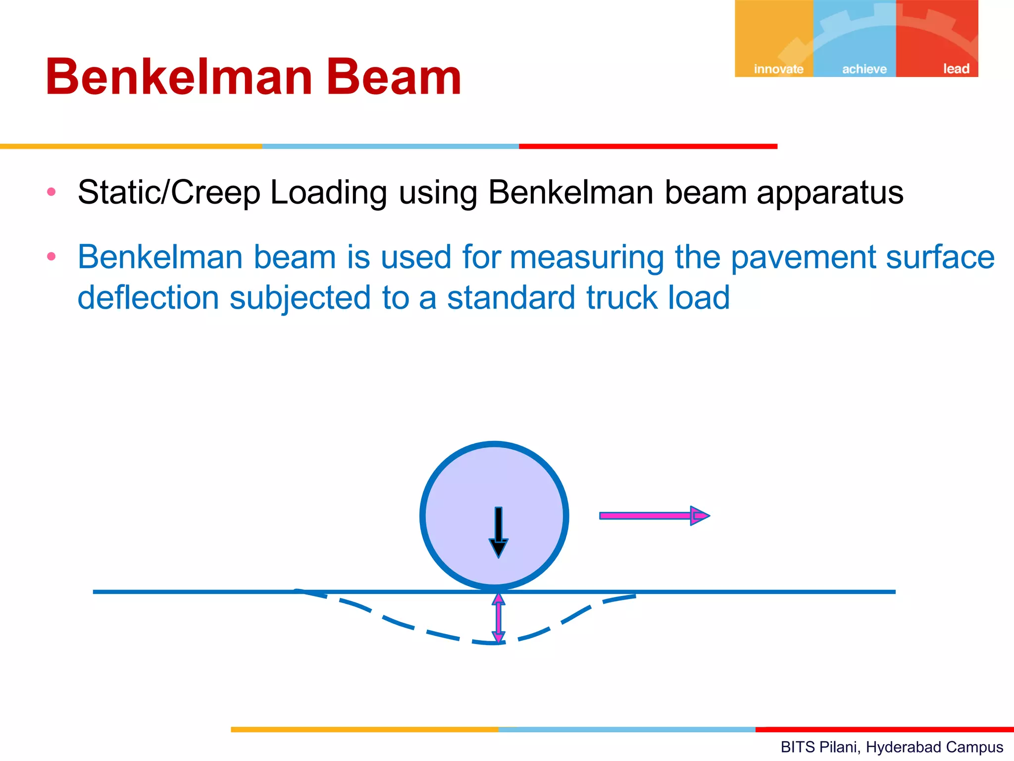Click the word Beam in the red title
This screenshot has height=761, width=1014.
(x=394, y=77)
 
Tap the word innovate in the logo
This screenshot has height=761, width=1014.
(x=778, y=69)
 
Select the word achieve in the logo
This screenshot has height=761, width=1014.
(x=864, y=69)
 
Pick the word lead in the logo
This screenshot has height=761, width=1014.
(x=956, y=68)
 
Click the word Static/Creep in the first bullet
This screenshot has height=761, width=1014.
(x=169, y=193)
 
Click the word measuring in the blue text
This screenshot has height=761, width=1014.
(x=587, y=258)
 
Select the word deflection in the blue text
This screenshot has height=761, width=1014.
(x=148, y=298)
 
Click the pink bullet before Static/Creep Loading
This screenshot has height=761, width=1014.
(x=51, y=192)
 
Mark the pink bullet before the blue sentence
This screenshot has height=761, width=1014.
(x=51, y=256)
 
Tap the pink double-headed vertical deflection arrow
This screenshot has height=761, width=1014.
(x=498, y=618)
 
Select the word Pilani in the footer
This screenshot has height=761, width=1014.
(x=838, y=747)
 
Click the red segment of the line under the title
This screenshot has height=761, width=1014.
(x=648, y=147)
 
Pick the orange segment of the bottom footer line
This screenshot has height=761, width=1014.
(x=364, y=729)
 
